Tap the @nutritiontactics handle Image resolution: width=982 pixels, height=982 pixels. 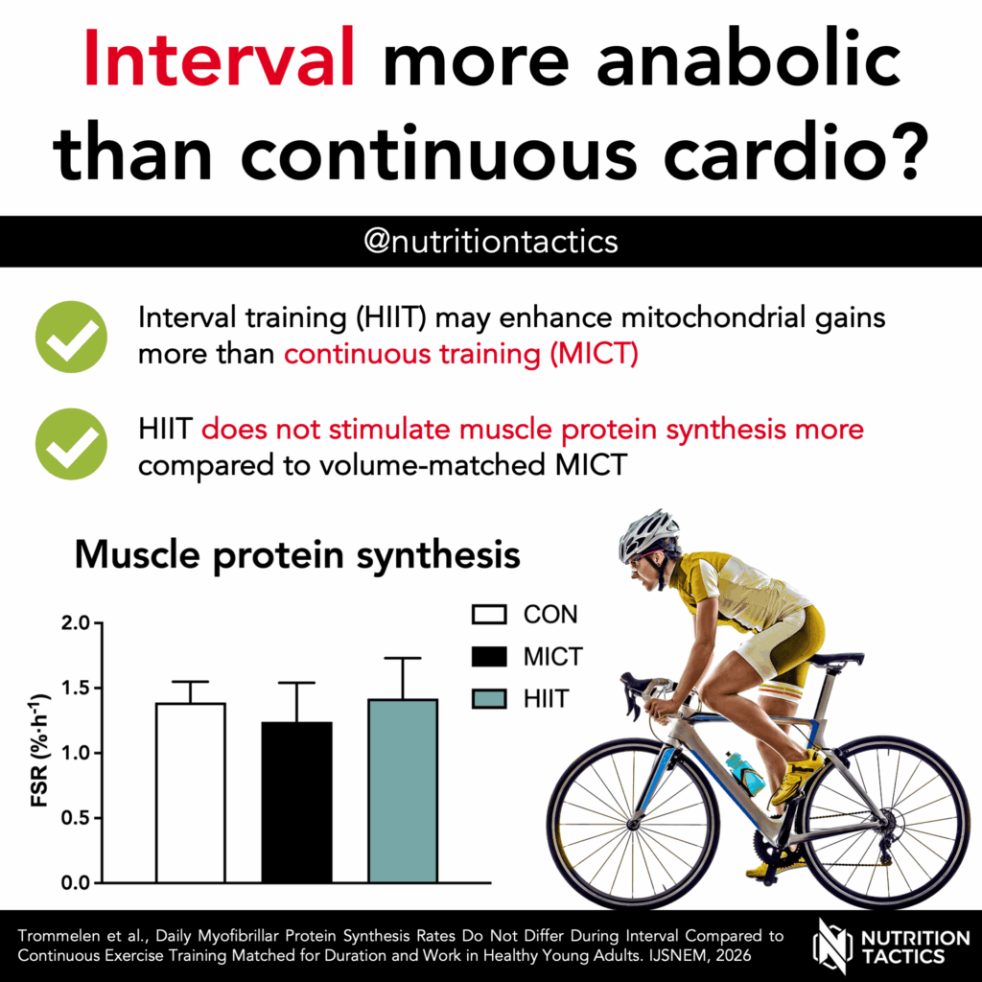click(490, 242)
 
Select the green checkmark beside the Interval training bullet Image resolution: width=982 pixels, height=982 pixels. click(71, 337)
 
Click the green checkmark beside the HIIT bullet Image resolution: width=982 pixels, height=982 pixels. click(71, 444)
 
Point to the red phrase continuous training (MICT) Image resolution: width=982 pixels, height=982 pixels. click(460, 353)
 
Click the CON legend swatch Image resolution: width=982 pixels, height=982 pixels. click(489, 614)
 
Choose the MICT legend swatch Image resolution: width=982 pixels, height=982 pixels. click(489, 657)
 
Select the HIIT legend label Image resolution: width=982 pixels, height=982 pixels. click(546, 699)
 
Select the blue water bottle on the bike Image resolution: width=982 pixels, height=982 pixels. click(745, 773)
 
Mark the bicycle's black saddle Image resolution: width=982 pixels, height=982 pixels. click(836, 660)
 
